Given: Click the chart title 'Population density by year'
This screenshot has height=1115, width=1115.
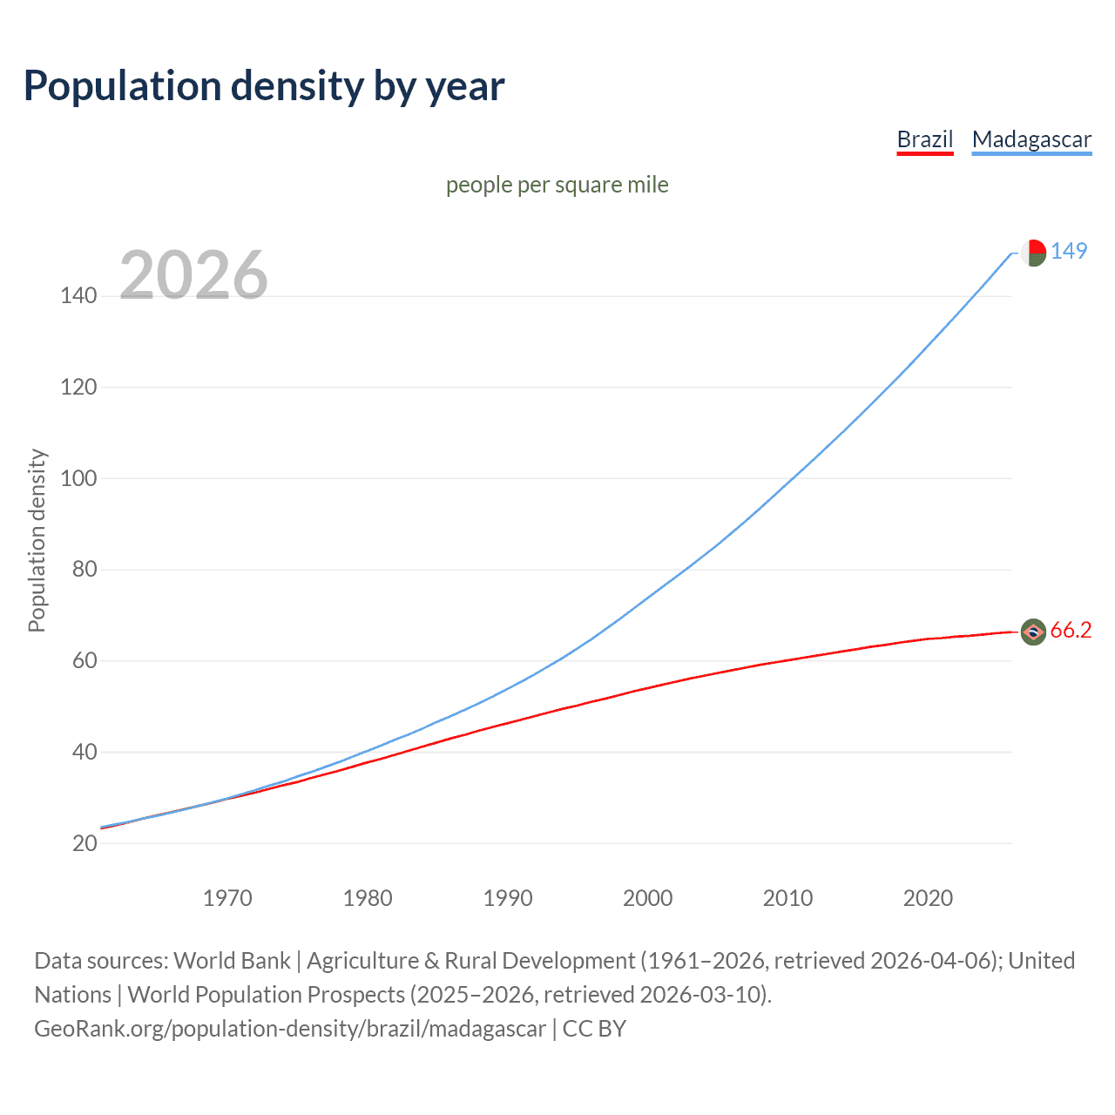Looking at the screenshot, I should pos(264,86).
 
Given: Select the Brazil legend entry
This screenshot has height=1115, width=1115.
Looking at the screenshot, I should pos(925,139).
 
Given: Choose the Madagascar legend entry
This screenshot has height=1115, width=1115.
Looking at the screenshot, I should pos(1031,139).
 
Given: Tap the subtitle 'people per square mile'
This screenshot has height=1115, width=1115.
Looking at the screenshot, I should pos(557,185).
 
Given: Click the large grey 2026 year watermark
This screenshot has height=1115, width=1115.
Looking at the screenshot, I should pos(193,275).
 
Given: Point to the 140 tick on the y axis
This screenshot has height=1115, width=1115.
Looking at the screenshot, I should pos(78,296).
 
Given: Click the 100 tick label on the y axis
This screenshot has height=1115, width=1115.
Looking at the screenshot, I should pos(78,478).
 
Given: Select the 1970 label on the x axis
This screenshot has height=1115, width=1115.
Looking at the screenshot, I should pos(227,898).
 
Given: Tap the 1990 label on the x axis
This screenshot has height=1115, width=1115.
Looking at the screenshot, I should pos(508,898).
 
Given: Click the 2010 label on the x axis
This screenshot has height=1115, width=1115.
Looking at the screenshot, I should pos(787,898).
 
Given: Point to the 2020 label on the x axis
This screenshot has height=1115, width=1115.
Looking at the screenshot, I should pos(928,898).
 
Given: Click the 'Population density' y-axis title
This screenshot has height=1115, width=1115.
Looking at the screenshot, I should pos(37,540).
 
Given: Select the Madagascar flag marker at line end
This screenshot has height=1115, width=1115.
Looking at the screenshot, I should pos(1033,253).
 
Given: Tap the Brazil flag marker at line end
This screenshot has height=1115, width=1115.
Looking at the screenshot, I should pos(1033,632).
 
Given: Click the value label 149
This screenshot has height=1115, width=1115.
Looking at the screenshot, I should pos(1069,251).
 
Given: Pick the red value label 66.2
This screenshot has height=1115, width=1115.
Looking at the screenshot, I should pos(1071,631).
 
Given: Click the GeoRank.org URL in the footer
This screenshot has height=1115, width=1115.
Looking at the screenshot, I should pos(290,1029).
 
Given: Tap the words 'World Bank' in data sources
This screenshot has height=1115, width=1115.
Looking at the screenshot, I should pos(232,961).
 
